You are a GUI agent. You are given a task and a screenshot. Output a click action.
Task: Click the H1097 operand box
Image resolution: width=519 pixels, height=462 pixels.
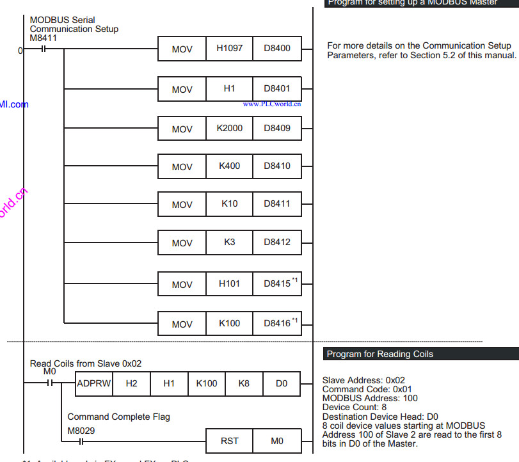click(229, 49)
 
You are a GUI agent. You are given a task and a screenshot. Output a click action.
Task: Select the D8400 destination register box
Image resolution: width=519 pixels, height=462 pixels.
click(277, 49)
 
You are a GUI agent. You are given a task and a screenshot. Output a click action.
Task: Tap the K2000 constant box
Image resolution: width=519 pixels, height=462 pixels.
click(229, 128)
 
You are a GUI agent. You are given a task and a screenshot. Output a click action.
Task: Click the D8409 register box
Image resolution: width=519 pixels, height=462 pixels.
click(277, 128)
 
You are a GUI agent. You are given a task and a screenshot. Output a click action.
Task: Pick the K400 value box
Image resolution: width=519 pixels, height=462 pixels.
click(229, 166)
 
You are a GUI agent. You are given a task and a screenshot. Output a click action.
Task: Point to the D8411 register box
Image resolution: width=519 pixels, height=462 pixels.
click(277, 204)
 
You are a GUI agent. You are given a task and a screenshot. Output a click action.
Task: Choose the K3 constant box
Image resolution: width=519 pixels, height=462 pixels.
click(229, 243)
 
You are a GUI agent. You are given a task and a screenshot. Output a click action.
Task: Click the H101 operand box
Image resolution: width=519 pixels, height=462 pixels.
click(229, 283)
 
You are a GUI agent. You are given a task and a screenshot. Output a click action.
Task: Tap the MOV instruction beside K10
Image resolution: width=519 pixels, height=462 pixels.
click(182, 205)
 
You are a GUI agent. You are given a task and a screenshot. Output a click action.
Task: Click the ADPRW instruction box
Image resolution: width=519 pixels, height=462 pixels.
click(93, 384)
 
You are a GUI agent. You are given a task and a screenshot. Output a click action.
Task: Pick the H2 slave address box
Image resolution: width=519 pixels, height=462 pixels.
click(131, 384)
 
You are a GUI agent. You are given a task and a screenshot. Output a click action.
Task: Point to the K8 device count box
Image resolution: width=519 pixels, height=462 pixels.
click(244, 384)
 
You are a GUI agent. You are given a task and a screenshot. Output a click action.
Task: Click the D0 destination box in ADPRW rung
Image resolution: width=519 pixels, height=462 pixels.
click(282, 384)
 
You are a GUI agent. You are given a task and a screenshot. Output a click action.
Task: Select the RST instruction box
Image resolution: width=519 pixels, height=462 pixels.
click(229, 441)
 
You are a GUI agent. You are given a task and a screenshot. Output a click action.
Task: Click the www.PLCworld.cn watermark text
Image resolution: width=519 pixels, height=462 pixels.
click(272, 104)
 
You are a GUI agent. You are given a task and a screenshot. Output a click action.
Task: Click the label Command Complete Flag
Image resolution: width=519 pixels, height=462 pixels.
click(118, 417)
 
